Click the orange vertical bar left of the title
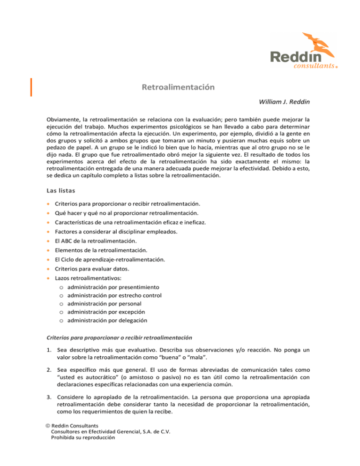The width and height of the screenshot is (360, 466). [x=31, y=87]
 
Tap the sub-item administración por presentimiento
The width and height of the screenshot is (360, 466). [x=113, y=286]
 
